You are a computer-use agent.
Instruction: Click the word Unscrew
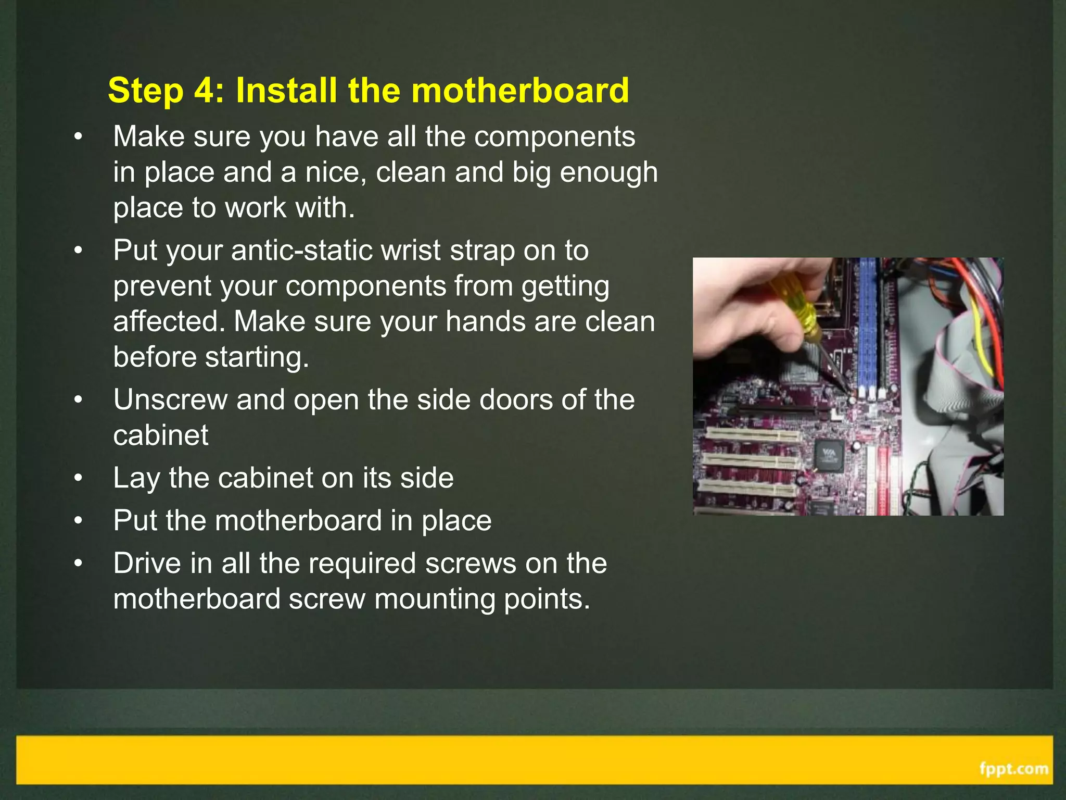[170, 400]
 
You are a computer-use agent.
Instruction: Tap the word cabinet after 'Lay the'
[265, 478]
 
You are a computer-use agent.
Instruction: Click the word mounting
[435, 599]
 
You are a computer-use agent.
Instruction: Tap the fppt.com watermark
[1013, 769]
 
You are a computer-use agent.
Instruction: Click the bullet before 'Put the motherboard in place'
[78, 521]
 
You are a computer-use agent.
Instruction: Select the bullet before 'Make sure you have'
[78, 137]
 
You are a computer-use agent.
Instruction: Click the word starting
[257, 357]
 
